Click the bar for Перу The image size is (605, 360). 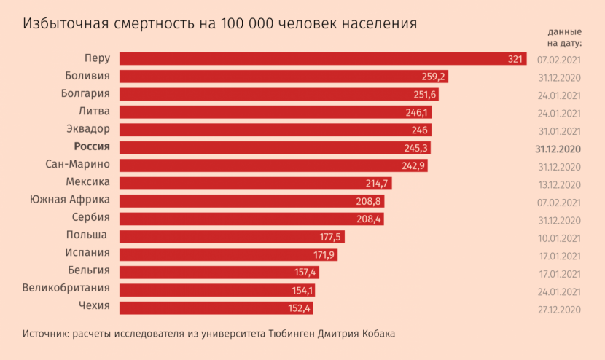pyautogui.click(x=321, y=59)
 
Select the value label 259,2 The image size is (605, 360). pyautogui.click(x=434, y=77)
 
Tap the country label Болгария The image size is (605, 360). pyautogui.click(x=85, y=93)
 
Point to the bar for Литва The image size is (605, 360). pyautogui.click(x=273, y=112)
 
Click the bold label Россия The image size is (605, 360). pyautogui.click(x=92, y=146)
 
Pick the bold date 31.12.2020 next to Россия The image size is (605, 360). pyautogui.click(x=558, y=149)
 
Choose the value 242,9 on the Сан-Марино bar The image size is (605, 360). pyautogui.click(x=413, y=165)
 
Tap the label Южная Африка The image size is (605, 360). pyautogui.click(x=70, y=200)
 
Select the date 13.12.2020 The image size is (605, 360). pyautogui.click(x=558, y=184)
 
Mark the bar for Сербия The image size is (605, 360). pyautogui.click(x=251, y=219)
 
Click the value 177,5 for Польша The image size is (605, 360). pyautogui.click(x=330, y=237)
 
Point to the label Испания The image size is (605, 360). pyautogui.click(x=87, y=253)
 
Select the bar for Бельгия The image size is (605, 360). pyautogui.click(x=219, y=272)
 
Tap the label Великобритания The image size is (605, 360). pyautogui.click(x=67, y=288)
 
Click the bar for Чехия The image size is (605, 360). pyautogui.click(x=216, y=308)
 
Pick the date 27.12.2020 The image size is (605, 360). pyautogui.click(x=558, y=309)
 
